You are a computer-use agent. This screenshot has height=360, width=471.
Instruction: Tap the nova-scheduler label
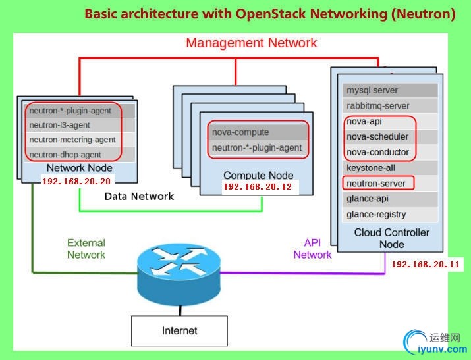pos(377,137)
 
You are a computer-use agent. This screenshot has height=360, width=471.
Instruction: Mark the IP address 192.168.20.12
pos(258,188)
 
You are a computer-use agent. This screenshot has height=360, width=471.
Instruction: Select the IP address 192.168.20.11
pos(426,265)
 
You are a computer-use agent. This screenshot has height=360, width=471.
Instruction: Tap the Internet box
pos(179,331)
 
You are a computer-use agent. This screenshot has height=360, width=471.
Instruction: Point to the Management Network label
pos(251,43)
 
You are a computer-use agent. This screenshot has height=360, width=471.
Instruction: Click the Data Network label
pos(139,196)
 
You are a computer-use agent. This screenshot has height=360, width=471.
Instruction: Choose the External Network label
pos(86,249)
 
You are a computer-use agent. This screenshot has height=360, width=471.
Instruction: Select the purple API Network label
pos(312,249)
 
